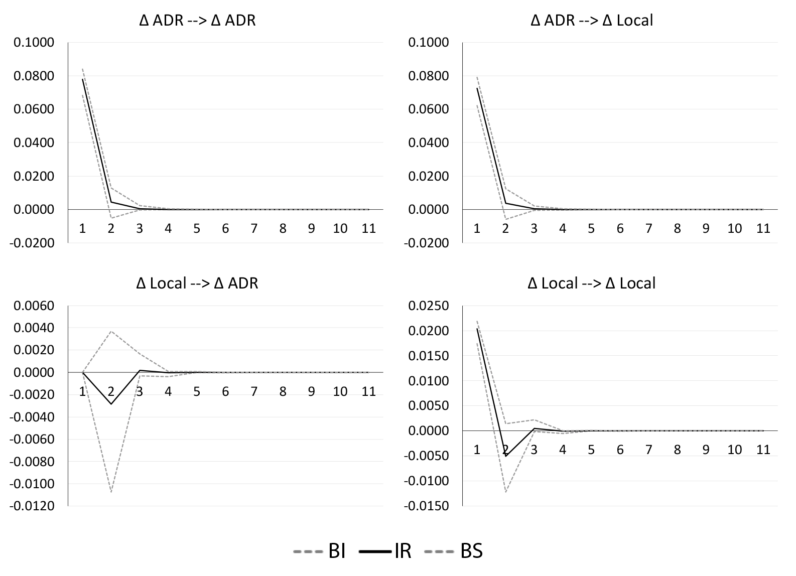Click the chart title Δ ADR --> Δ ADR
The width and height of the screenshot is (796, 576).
click(197, 21)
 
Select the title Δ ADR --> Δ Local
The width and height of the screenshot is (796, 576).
click(592, 21)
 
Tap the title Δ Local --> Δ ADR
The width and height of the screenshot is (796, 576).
click(197, 283)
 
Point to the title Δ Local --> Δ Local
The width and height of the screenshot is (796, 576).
click(592, 283)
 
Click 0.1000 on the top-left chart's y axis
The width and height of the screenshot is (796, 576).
click(34, 43)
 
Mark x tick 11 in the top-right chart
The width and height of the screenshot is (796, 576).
click(763, 228)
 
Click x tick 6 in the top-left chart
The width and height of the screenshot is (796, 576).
click(225, 228)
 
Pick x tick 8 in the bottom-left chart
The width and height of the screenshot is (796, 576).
click(283, 391)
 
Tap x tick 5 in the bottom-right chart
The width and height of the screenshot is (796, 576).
click(591, 450)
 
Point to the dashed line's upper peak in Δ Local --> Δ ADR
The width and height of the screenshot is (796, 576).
click(111, 331)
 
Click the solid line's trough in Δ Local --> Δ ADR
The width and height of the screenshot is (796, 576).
click(111, 404)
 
